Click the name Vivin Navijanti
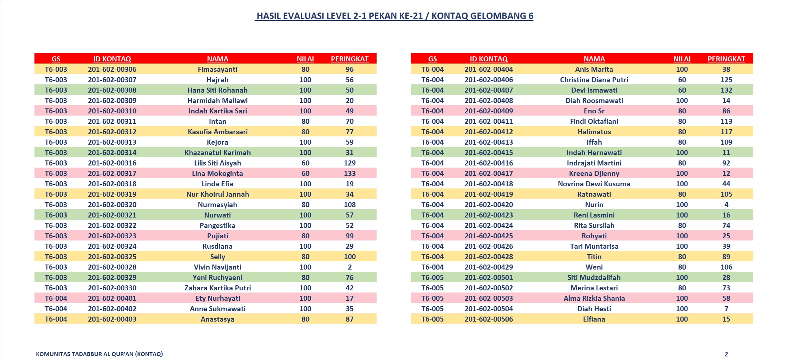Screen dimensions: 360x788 217,267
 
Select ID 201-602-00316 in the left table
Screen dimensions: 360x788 112,163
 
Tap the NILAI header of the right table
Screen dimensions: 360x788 682,59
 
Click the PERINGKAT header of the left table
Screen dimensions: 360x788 349,59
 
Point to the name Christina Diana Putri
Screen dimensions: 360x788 594,80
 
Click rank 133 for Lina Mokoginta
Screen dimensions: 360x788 349,173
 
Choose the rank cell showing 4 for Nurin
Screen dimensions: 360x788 726,205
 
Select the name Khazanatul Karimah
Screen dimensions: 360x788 217,153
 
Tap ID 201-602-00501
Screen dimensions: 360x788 488,277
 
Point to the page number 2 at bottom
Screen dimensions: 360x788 726,354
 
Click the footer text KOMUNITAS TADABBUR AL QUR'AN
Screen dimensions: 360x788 99,354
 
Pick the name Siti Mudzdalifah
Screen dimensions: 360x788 594,277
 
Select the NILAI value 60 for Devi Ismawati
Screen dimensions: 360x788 682,90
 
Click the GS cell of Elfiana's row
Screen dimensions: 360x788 432,319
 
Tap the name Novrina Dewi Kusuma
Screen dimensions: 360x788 594,184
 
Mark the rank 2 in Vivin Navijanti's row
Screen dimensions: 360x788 349,267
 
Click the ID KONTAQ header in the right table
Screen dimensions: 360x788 488,59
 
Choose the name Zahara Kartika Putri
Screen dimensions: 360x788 217,288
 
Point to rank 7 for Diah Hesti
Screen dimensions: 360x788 726,309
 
